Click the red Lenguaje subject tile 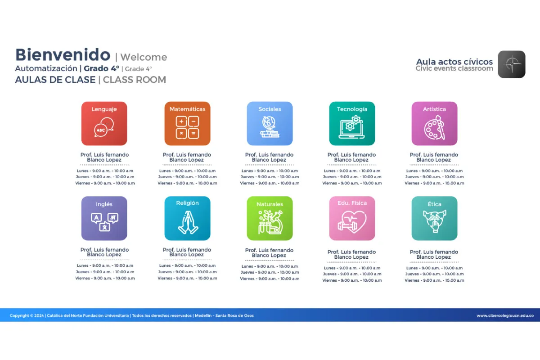tap(104, 123)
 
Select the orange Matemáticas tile tap(187, 123)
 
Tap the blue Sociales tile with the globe tap(270, 123)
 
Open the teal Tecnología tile tap(352, 123)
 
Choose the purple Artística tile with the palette tap(434, 123)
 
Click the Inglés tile tap(104, 218)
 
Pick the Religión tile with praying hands tap(187, 218)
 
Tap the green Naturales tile tap(270, 218)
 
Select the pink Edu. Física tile tap(352, 218)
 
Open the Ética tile tap(434, 218)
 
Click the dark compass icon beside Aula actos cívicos tap(512, 64)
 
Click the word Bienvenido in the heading tap(63, 55)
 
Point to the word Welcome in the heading tap(144, 57)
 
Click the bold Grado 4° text tap(102, 68)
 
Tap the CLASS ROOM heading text tap(135, 80)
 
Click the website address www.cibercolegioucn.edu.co tap(505, 315)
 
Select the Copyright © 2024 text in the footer tap(27, 315)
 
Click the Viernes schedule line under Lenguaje tap(105, 183)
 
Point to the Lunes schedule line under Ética tap(434, 268)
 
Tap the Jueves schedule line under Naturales tap(270, 272)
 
